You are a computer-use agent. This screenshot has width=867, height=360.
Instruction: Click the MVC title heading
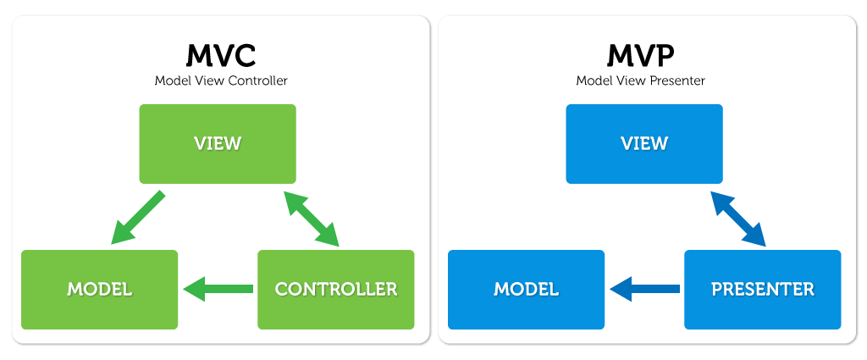(x=220, y=57)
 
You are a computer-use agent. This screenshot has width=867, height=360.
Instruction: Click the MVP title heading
(x=641, y=57)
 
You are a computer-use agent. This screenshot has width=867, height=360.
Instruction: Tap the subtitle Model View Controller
(x=220, y=81)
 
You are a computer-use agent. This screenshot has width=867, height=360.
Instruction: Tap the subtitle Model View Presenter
(x=641, y=81)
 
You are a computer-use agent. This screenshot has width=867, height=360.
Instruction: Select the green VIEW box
(x=218, y=143)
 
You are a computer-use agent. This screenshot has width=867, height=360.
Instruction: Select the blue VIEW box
(x=644, y=143)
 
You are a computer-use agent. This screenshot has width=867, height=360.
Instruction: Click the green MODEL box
(x=99, y=289)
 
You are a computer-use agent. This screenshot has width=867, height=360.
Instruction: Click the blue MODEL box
(x=526, y=289)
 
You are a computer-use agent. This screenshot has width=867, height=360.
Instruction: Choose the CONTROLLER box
(x=335, y=289)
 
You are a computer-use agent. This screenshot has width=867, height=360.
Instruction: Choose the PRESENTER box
(x=762, y=289)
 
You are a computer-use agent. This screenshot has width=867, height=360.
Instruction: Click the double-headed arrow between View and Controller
(x=312, y=219)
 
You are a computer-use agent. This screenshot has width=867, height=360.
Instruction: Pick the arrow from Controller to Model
(x=218, y=289)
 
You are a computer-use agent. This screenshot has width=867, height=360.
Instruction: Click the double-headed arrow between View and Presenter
(x=738, y=219)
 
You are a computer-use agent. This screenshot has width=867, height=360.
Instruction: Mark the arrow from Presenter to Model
(x=645, y=289)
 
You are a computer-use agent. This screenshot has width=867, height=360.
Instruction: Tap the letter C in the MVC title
(x=243, y=57)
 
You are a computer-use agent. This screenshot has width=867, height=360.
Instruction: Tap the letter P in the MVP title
(x=664, y=57)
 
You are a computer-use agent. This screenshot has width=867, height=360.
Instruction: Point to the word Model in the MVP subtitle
(x=592, y=81)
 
